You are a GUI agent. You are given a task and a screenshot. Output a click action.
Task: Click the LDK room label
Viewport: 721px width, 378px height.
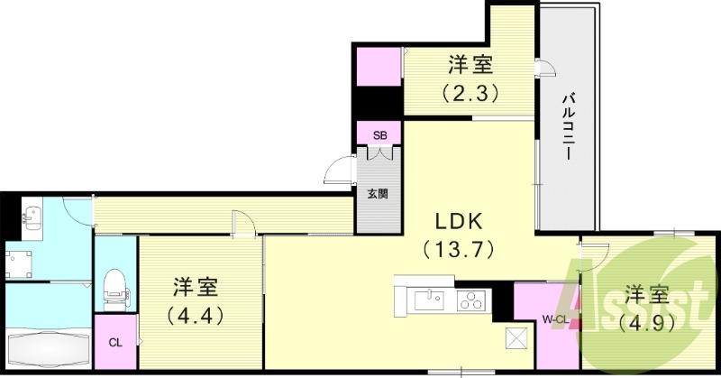(x=461, y=219)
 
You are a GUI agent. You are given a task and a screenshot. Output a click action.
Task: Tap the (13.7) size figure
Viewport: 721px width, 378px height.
(x=461, y=245)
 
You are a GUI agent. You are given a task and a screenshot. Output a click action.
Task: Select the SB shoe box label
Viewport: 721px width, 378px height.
(x=380, y=135)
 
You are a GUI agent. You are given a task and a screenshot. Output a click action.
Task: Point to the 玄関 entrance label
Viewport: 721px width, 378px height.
(x=378, y=192)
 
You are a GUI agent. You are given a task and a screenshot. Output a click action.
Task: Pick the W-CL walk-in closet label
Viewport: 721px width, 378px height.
(x=553, y=318)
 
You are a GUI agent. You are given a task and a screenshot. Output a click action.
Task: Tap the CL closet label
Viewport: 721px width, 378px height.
(x=114, y=342)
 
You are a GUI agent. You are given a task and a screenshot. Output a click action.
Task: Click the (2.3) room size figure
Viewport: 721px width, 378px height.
(x=470, y=91)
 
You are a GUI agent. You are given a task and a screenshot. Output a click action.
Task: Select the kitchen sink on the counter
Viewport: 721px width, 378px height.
(x=427, y=299)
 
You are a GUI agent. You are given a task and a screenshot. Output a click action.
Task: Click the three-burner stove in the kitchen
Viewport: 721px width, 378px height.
(x=470, y=300)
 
